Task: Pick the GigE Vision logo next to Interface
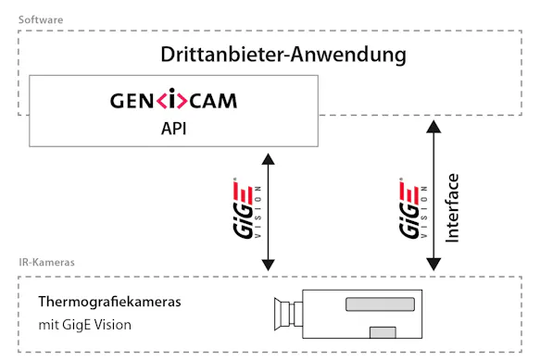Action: [411, 209]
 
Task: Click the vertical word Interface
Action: [452, 210]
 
